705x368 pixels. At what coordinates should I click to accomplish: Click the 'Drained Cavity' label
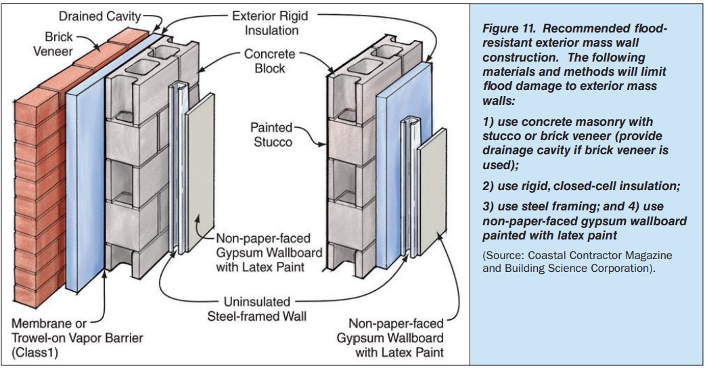point(100,17)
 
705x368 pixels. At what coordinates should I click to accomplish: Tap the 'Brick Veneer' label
point(53,43)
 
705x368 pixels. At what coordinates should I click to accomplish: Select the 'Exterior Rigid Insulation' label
point(270,23)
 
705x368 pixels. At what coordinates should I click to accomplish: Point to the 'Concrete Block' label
point(270,61)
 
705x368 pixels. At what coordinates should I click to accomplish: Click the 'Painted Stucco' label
point(271,135)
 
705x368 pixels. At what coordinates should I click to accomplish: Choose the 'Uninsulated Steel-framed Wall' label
point(256,308)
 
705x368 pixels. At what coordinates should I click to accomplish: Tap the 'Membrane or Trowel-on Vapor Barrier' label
point(77,330)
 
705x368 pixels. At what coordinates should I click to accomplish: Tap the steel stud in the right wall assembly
point(410,189)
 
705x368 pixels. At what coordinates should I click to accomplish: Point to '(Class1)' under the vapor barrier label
point(35,352)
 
